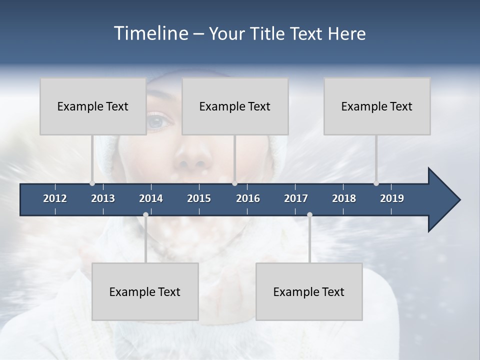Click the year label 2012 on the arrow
(55, 198)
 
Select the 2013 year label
(103, 198)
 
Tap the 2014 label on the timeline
(151, 198)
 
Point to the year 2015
(199, 198)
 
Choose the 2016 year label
(248, 198)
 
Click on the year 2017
(296, 198)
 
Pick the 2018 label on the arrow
(344, 198)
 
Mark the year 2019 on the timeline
(392, 198)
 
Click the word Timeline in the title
(150, 33)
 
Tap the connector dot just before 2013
(92, 183)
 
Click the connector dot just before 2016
(235, 183)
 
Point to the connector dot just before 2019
(376, 183)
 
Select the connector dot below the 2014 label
(145, 215)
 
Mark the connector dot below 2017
(309, 215)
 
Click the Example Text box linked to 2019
(377, 106)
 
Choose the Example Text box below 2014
(145, 291)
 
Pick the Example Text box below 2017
(309, 291)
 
